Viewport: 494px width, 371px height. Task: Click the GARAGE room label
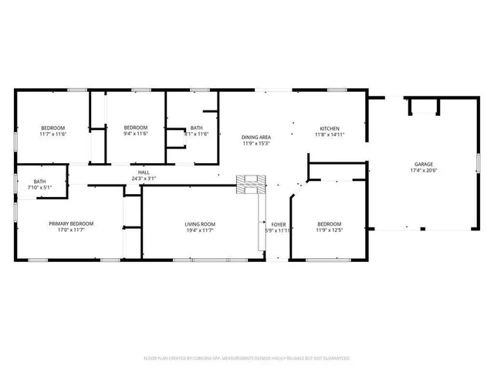pyautogui.click(x=423, y=164)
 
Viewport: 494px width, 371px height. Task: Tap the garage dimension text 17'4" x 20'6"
pyautogui.click(x=423, y=171)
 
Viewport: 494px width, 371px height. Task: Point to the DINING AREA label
pyautogui.click(x=256, y=136)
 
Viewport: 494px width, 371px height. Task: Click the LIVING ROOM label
pyautogui.click(x=200, y=224)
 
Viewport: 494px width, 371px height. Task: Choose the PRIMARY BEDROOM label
pyautogui.click(x=66, y=223)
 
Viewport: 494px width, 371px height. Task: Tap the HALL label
pyautogui.click(x=144, y=172)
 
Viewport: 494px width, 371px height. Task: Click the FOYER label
pyautogui.click(x=278, y=224)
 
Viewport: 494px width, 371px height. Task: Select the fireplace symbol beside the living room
pyautogui.click(x=249, y=184)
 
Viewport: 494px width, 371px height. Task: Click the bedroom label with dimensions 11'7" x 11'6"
pyautogui.click(x=53, y=128)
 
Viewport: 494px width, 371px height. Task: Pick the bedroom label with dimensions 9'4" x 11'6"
pyautogui.click(x=136, y=128)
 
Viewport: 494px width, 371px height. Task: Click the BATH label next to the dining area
pyautogui.click(x=197, y=128)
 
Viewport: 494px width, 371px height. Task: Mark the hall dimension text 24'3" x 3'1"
pyautogui.click(x=144, y=179)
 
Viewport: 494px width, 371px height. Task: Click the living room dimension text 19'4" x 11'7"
pyautogui.click(x=200, y=230)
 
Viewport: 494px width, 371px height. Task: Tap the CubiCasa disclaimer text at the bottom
pyautogui.click(x=247, y=358)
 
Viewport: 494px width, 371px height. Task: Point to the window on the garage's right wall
pyautogui.click(x=479, y=164)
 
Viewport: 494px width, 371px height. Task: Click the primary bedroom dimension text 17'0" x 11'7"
pyautogui.click(x=66, y=230)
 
